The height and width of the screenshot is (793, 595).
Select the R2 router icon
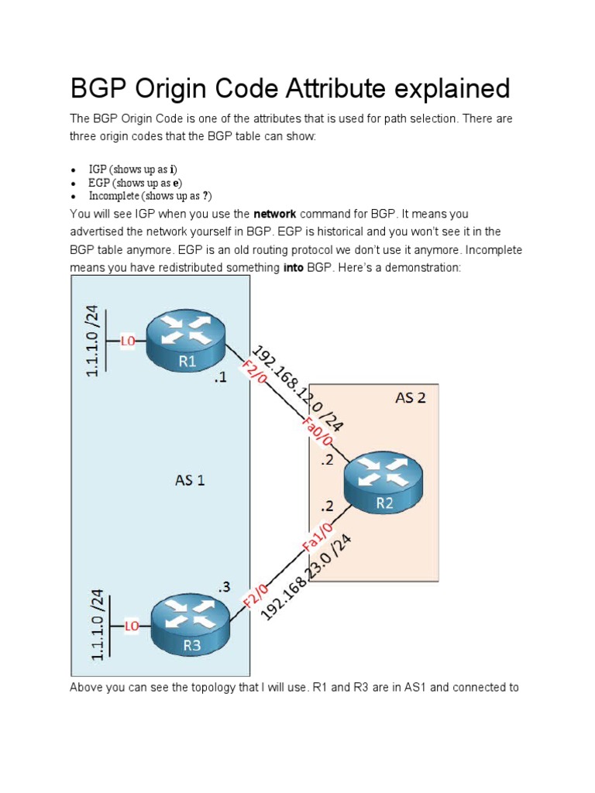pos(384,481)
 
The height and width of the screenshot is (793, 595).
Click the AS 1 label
pos(189,480)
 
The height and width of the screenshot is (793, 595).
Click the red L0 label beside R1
pos(127,340)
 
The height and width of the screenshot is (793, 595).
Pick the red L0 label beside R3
pos(132,625)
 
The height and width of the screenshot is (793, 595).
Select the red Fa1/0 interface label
pos(317,537)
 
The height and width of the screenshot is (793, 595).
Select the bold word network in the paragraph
pos(275,213)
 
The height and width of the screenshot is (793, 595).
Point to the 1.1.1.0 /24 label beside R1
pos(93,341)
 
